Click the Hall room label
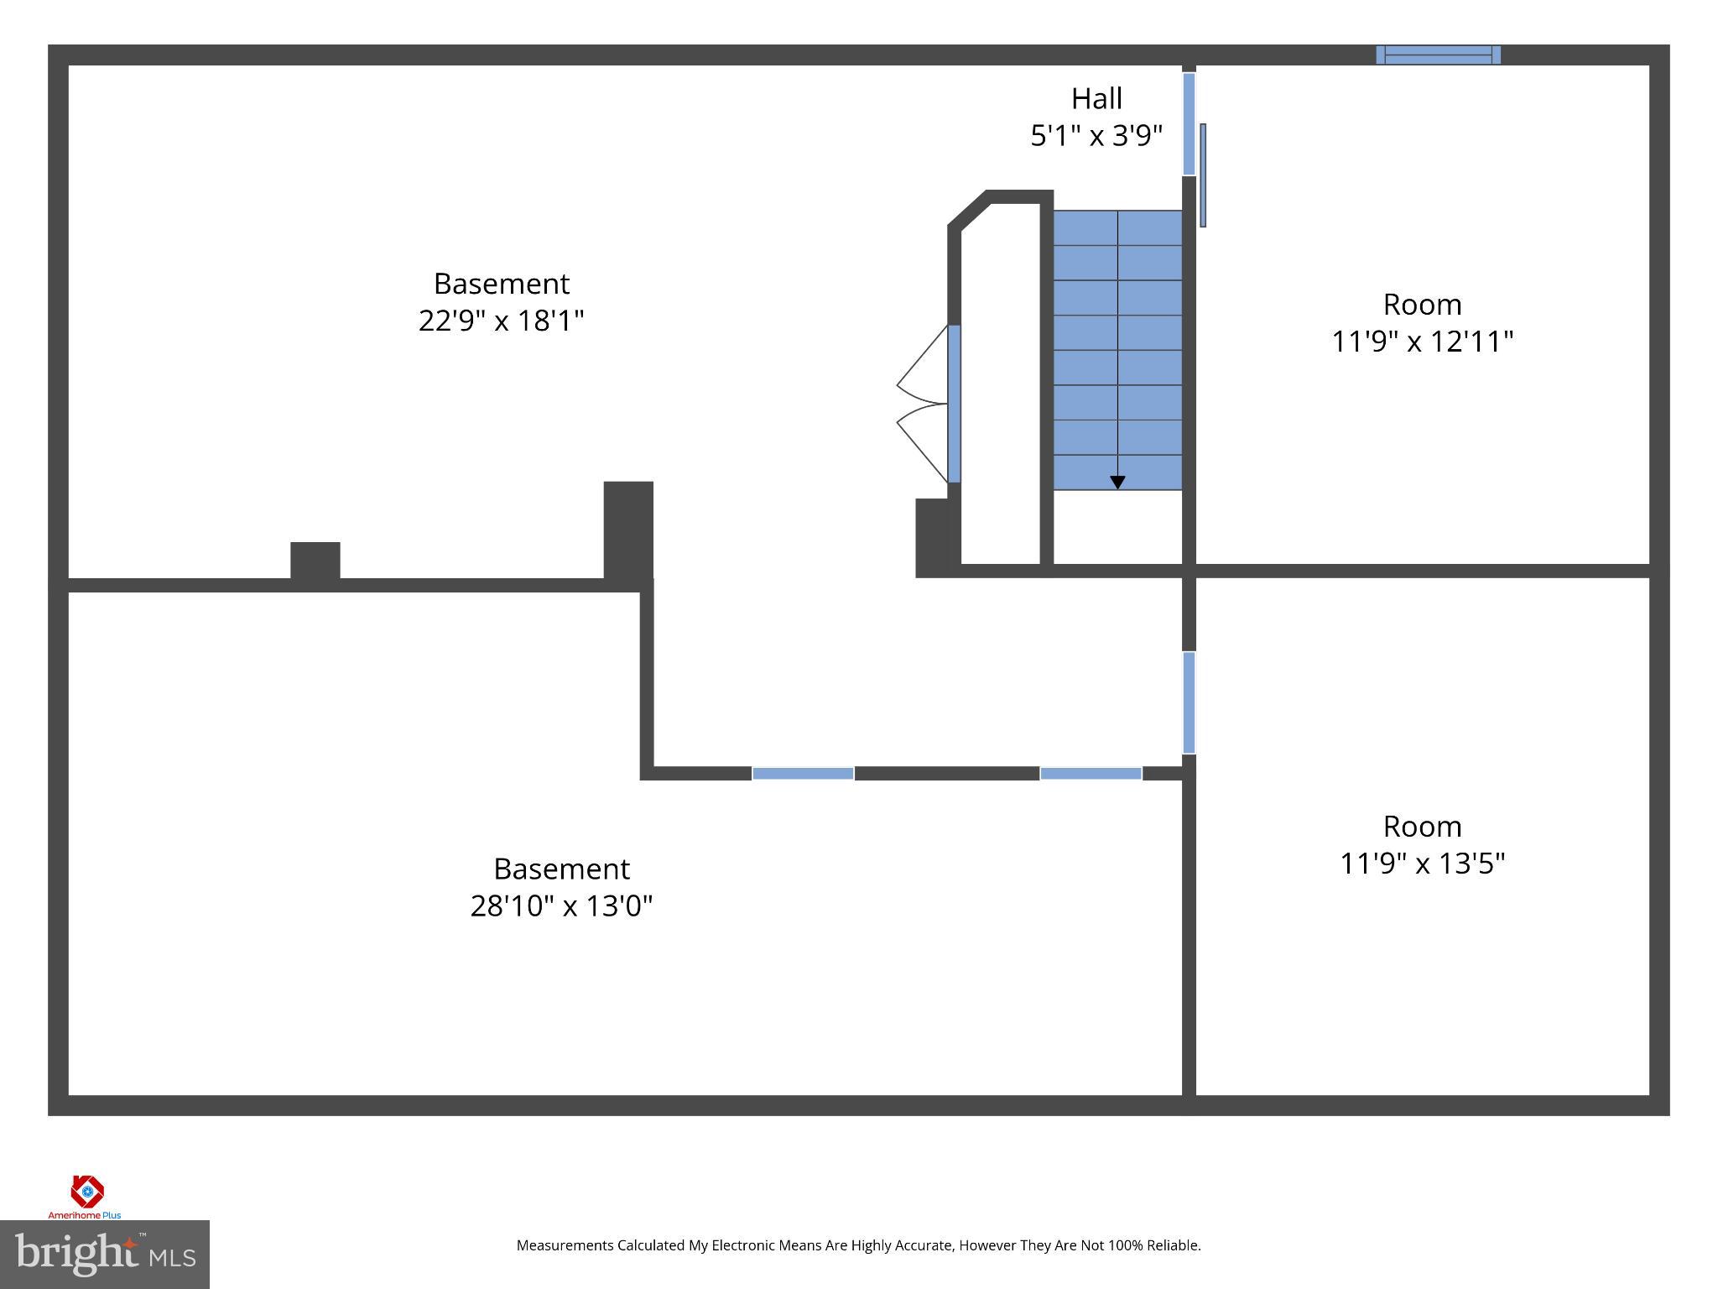pos(1096,99)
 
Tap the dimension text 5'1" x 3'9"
pos(1096,136)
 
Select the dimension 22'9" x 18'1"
pos(501,321)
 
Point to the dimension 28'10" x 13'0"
pos(561,906)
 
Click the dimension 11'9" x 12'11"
pos(1422,342)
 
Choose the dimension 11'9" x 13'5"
pos(1422,864)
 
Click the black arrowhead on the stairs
pos(1117,483)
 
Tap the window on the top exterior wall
pos(1438,55)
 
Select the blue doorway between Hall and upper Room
pos(1189,124)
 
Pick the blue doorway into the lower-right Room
pos(1189,702)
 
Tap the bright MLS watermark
pos(104,1255)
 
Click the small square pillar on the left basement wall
pos(315,561)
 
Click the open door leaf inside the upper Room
pos(1203,175)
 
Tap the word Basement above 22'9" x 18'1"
pos(501,284)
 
